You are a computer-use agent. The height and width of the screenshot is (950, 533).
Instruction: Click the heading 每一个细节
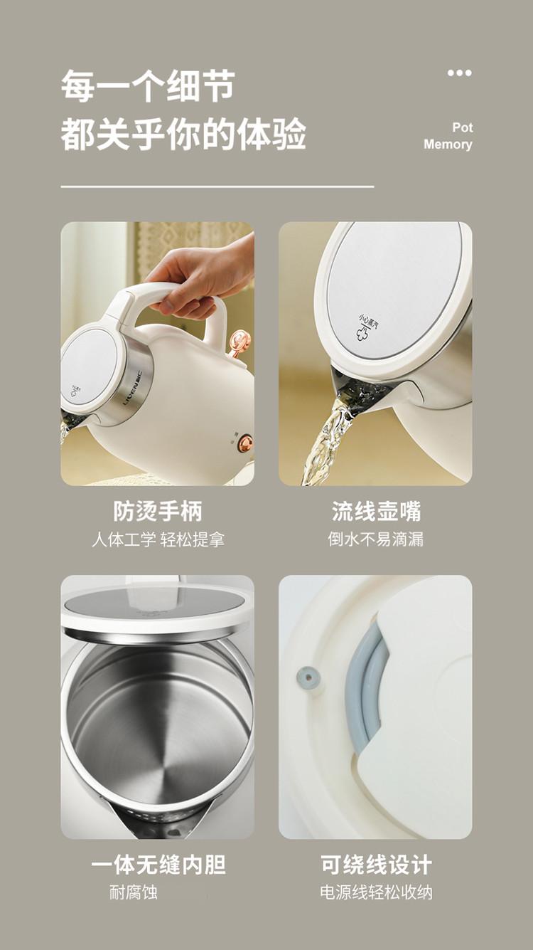[x=147, y=87]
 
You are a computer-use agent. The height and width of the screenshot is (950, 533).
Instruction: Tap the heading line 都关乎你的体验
[x=183, y=134]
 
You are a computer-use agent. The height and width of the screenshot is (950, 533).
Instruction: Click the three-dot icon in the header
[x=460, y=73]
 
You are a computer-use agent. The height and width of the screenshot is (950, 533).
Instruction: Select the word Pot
[x=462, y=127]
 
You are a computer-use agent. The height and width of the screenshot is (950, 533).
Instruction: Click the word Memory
[x=448, y=144]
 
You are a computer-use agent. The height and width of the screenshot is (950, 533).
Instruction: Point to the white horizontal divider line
[x=217, y=186]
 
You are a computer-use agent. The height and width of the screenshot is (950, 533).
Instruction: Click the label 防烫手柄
[x=158, y=511]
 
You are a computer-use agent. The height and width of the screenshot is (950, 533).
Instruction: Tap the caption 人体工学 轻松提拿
[x=158, y=540]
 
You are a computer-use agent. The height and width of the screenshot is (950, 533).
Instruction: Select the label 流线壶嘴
[x=376, y=511]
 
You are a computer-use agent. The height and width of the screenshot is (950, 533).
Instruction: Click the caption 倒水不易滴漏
[x=375, y=539]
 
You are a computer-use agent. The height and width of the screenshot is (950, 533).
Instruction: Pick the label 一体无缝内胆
[x=158, y=865]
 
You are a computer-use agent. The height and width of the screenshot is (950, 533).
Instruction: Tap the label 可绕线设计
[x=376, y=865]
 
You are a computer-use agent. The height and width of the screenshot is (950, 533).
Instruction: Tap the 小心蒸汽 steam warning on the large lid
[x=364, y=325]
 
